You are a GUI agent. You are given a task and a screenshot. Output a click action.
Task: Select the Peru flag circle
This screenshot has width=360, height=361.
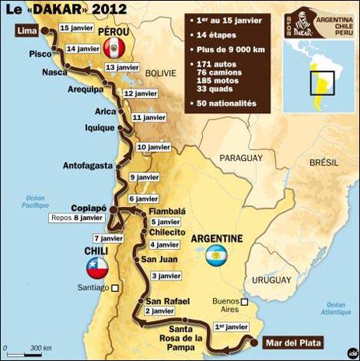coord(113,51)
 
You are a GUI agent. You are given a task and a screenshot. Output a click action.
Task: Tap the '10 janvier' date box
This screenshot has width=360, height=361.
coord(153,146)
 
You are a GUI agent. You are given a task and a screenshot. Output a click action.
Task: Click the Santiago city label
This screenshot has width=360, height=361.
coord(93,289)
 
